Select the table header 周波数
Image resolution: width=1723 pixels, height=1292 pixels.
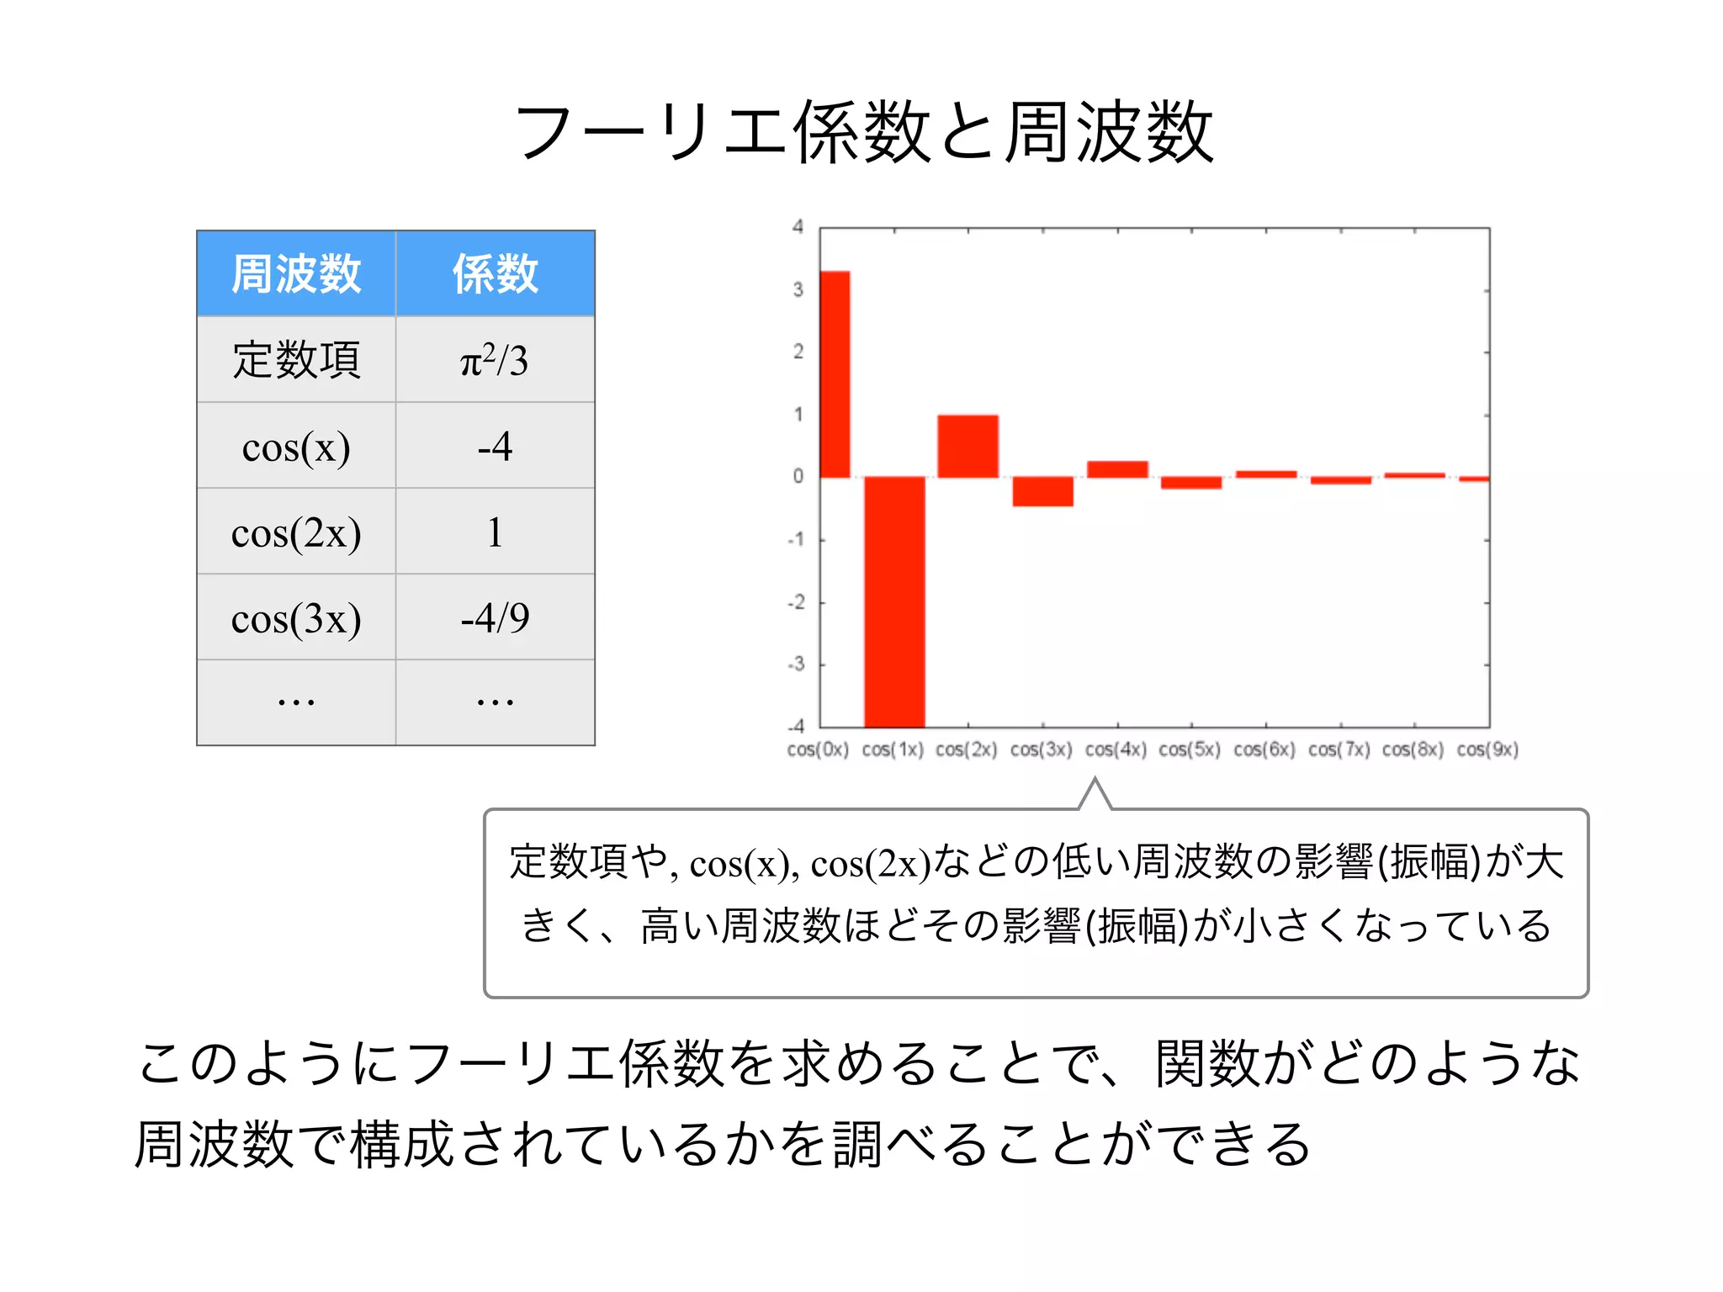[x=296, y=274]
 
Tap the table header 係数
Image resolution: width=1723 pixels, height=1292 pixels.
[x=495, y=274]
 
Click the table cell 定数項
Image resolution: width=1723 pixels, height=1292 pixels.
[x=296, y=360]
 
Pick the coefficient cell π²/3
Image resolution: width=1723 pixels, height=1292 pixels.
[x=495, y=360]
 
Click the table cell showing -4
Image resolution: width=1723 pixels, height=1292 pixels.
[x=495, y=446]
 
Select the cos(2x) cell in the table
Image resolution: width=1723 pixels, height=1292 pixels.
[x=296, y=532]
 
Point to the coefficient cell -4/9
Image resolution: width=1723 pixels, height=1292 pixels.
[x=495, y=618]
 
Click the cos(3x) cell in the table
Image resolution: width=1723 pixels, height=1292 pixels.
[x=296, y=618]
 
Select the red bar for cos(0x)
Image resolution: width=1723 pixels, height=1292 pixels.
[x=835, y=374]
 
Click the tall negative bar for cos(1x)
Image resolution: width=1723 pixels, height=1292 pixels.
[x=894, y=601]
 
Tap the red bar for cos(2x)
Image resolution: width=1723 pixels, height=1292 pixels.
[x=968, y=446]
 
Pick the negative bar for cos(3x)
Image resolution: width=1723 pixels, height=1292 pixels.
[x=1042, y=491]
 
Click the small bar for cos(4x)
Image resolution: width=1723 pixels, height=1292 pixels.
[x=1117, y=469]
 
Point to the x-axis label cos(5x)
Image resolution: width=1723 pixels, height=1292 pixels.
[x=1190, y=749]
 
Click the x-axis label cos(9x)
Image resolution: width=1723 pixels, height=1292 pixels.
[x=1487, y=749]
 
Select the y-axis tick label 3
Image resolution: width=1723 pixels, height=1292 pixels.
[x=798, y=290]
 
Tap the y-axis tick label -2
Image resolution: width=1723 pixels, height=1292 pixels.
[x=796, y=602]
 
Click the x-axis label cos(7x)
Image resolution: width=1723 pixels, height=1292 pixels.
[x=1339, y=749]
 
